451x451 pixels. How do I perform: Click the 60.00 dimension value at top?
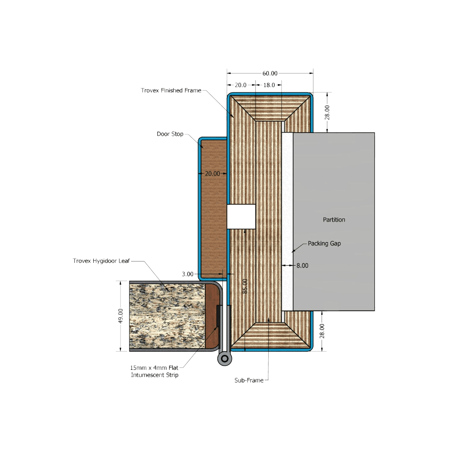coord(270,74)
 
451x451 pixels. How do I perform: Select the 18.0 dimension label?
coord(269,85)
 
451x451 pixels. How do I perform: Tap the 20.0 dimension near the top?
coord(240,85)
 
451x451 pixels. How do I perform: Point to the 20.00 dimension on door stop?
coord(212,174)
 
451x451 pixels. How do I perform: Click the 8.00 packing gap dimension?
coord(302,266)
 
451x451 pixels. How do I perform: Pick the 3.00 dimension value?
coord(188,274)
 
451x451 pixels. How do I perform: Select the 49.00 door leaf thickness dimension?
coord(120,316)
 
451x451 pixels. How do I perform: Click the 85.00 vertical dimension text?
coord(245,286)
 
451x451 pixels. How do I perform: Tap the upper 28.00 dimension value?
coord(327,112)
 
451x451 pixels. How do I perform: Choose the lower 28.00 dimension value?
coord(322,331)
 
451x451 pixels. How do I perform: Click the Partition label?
coord(334,220)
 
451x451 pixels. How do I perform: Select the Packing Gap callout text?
coord(324,244)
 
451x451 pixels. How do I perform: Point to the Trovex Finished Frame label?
coord(171,90)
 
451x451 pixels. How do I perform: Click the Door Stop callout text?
coord(170,134)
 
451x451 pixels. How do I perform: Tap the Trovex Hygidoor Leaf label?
coord(101,261)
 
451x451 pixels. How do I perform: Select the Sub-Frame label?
coord(249,380)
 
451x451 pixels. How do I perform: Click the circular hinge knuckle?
coord(225,359)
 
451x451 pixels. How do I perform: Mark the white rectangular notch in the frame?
coord(241,216)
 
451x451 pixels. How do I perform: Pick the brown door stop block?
coord(214,209)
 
